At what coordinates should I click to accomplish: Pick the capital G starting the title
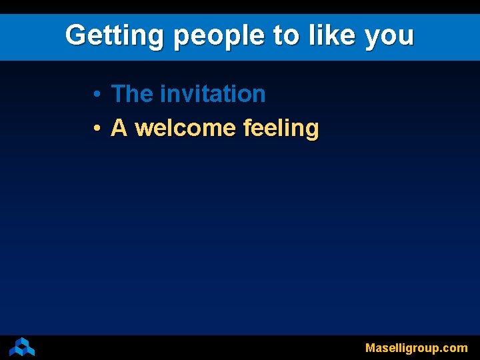(x=75, y=35)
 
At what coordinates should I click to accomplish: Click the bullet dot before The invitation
(x=97, y=95)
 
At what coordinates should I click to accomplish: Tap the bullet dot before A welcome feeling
(x=97, y=129)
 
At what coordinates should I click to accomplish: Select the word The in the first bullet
(x=132, y=94)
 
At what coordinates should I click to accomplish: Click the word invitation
(x=213, y=94)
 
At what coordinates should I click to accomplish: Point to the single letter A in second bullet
(x=119, y=127)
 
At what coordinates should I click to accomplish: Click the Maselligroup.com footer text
(x=416, y=348)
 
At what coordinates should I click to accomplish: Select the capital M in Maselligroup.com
(x=370, y=348)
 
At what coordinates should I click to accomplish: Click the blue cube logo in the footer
(x=22, y=347)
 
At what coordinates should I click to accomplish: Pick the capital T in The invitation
(x=118, y=94)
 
